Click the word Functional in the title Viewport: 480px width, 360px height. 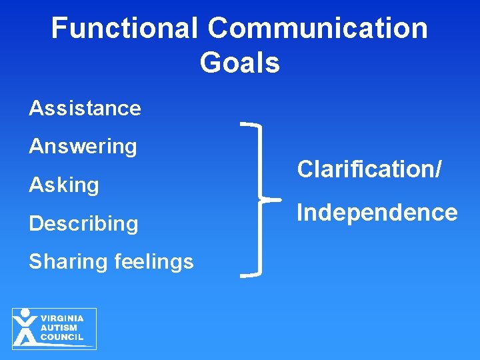tap(125, 28)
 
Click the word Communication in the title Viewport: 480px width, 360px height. tap(317, 28)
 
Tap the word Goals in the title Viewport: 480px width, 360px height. tap(239, 63)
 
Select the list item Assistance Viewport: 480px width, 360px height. tap(85, 108)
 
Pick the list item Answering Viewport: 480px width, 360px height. tap(83, 146)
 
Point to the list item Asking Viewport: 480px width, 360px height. tap(64, 185)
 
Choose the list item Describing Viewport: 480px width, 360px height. tap(83, 223)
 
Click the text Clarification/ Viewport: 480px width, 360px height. tap(369, 169)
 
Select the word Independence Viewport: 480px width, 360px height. tap(377, 213)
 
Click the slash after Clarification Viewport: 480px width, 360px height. tap(437, 169)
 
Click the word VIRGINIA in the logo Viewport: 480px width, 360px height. tap(62, 319)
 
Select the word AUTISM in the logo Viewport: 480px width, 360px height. tap(59, 328)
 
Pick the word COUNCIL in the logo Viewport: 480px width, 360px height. tap(62, 337)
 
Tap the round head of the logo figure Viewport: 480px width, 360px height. tap(25, 313)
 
